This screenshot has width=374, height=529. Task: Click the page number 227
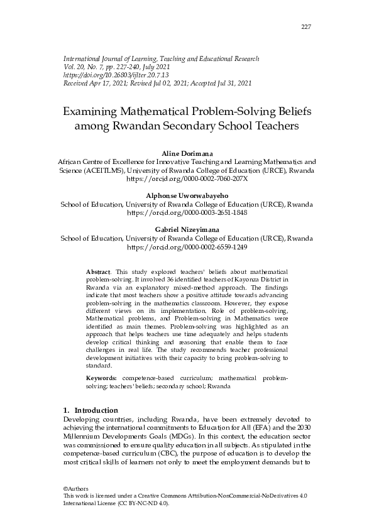(306, 26)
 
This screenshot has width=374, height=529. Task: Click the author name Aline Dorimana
(187, 153)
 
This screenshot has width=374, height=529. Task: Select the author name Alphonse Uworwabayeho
(187, 196)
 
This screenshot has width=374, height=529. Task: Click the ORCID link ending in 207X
(187, 178)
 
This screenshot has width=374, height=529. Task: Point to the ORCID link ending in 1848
(187, 213)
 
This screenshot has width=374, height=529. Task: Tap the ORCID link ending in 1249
(187, 248)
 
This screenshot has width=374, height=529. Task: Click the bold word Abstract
(97, 271)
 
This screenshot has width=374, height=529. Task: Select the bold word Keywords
(101, 379)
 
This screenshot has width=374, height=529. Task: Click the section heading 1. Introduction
(91, 410)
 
